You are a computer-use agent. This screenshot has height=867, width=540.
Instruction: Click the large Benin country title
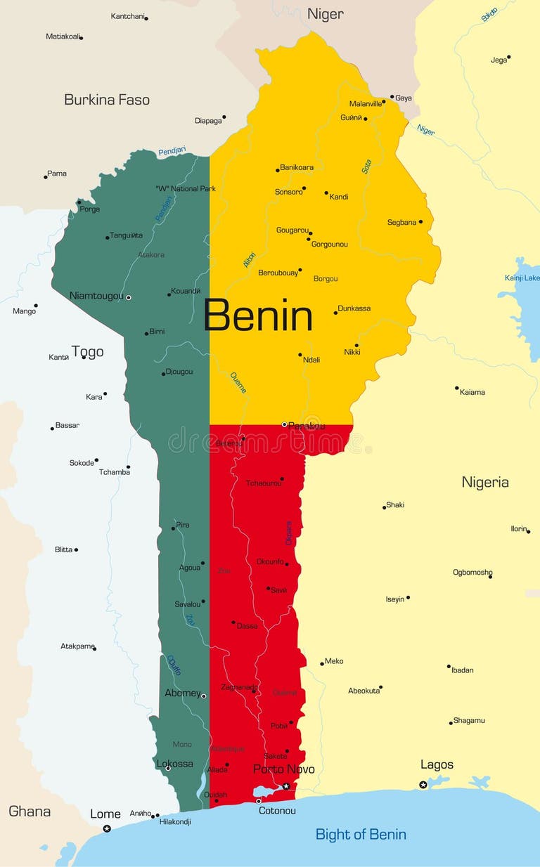coord(258,316)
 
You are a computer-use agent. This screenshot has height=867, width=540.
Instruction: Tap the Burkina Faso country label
coord(107,100)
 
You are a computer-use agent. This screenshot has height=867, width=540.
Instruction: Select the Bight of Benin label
coord(360,834)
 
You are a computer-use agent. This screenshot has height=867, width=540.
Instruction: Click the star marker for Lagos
coord(423,784)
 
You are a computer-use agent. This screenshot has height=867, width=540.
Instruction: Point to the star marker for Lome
coord(107,829)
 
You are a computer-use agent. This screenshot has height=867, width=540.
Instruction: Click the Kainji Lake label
coord(522,278)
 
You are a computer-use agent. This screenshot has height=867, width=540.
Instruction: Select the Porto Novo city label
coord(284,769)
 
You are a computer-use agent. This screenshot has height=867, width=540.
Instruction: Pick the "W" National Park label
coord(186,188)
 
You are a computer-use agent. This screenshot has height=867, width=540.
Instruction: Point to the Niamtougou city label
coord(96,296)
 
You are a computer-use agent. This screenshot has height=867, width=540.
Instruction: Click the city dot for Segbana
coord(420,222)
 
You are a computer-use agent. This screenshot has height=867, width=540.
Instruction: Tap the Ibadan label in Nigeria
coord(462,670)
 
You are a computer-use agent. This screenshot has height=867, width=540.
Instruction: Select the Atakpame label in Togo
coord(77,646)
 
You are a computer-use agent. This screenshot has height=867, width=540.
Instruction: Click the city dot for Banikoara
coord(278,170)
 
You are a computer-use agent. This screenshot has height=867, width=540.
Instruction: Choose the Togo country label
coord(87,352)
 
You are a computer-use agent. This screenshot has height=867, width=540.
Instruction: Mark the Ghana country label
coord(30,811)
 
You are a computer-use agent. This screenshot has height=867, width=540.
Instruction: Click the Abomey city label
coord(182,692)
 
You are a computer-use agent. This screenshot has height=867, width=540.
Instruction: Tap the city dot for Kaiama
coord(456,388)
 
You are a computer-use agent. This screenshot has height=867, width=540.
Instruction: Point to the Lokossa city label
coord(174,763)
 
